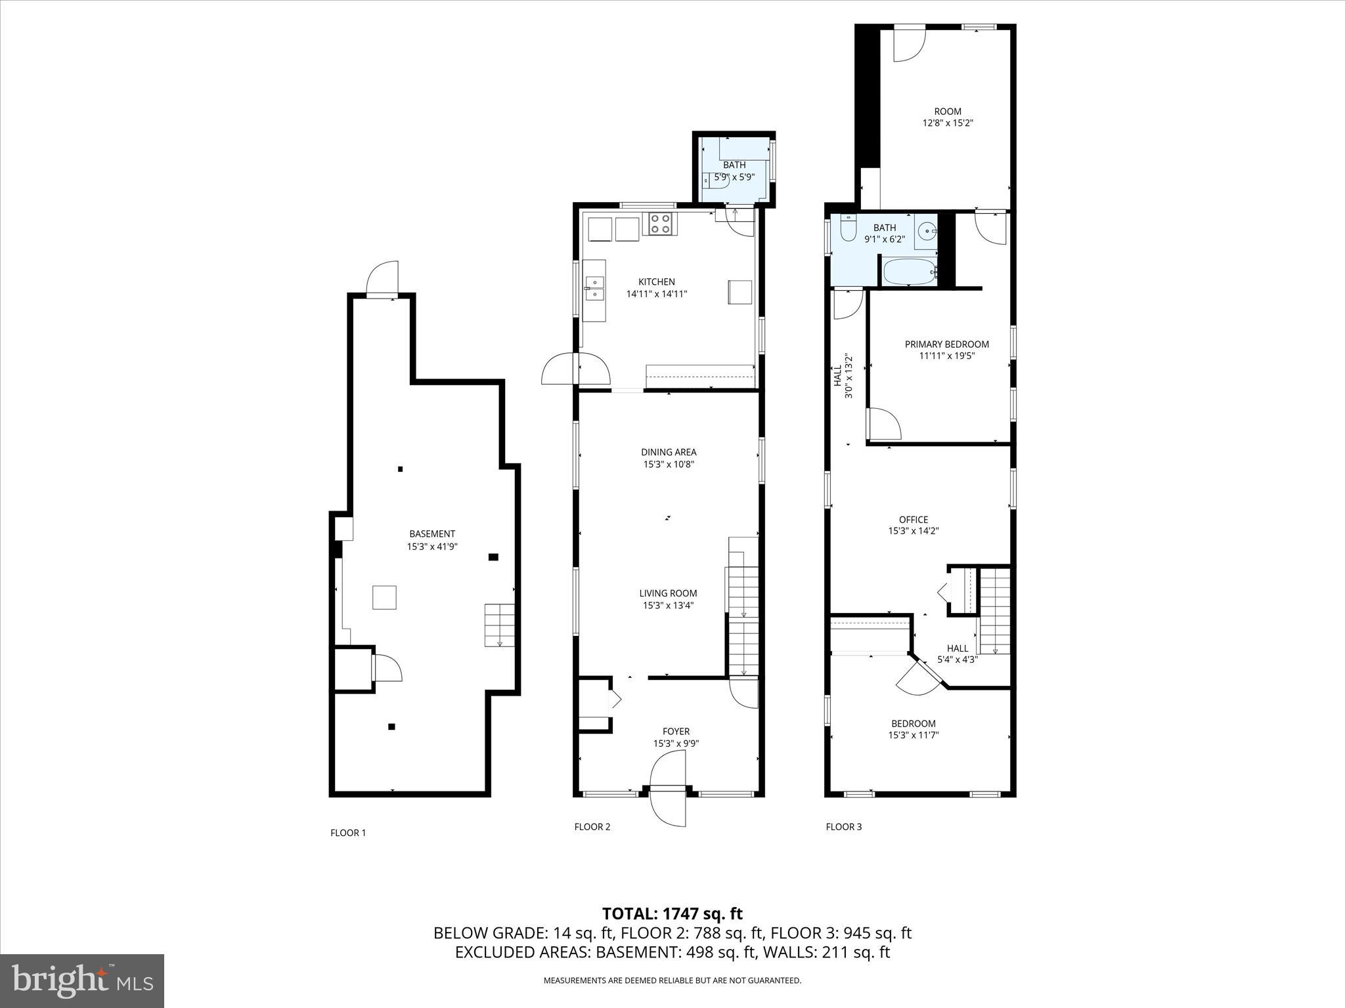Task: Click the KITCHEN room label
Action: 657,282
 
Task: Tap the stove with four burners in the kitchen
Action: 660,224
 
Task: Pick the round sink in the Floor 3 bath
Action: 927,231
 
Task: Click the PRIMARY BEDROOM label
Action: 946,345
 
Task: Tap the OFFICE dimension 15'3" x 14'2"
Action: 914,531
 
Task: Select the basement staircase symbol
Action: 499,625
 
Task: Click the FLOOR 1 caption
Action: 348,833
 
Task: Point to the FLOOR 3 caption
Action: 843,827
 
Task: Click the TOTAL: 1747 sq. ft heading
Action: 672,913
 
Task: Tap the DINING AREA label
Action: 669,452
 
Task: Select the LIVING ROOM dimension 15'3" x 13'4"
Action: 669,605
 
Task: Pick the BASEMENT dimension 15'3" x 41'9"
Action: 432,546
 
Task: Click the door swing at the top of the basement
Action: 383,278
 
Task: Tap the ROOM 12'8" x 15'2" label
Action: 948,117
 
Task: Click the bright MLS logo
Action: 82,981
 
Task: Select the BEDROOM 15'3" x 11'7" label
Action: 914,729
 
